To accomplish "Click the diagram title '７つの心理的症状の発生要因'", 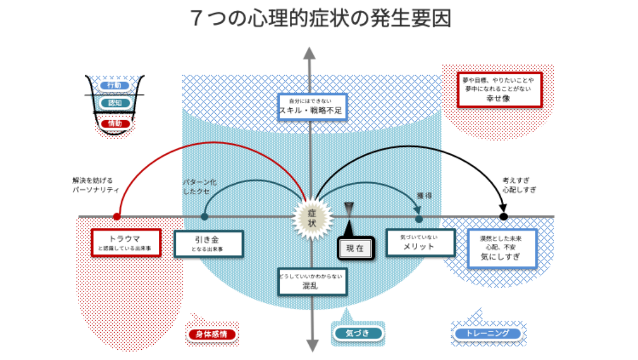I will pyautogui.click(x=322, y=19).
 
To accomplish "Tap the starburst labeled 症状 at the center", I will pyautogui.click(x=311, y=217).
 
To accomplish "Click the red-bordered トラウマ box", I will pyautogui.click(x=126, y=243).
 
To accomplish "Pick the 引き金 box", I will pyautogui.click(x=208, y=244).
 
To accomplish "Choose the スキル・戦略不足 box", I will pyautogui.click(x=310, y=107).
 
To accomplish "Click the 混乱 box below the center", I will pyautogui.click(x=312, y=281).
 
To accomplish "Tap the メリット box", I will pyautogui.click(x=420, y=243).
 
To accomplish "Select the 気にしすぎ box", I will pyautogui.click(x=502, y=248).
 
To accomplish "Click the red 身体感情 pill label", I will pyautogui.click(x=211, y=334).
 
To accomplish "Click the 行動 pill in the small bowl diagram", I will pyautogui.click(x=114, y=85).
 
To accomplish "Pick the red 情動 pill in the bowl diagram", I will pyautogui.click(x=114, y=123).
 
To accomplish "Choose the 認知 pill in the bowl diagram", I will pyautogui.click(x=114, y=103).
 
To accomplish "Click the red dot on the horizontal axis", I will pyautogui.click(x=117, y=216).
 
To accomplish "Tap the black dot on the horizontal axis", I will pyautogui.click(x=504, y=216).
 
